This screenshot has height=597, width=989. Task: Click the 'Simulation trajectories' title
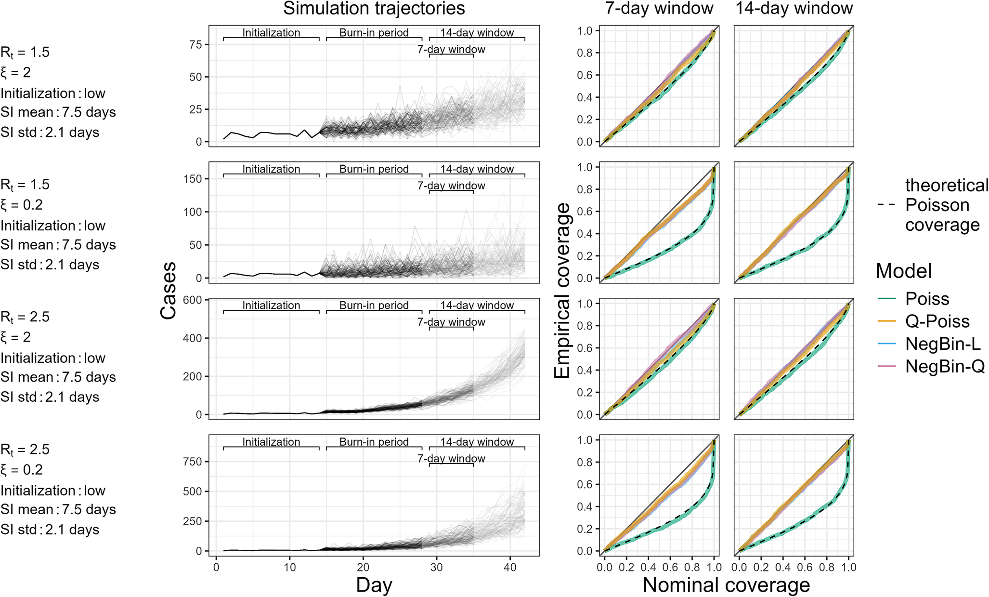[374, 9]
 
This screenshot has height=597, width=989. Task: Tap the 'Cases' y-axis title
[169, 291]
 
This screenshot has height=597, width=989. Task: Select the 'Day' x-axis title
[374, 585]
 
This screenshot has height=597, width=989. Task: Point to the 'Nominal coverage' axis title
[726, 585]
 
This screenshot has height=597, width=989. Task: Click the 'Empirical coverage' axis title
[562, 291]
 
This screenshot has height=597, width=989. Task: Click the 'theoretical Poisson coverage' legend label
[947, 205]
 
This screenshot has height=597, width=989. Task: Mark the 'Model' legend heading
[904, 271]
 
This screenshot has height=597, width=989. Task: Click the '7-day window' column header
[659, 9]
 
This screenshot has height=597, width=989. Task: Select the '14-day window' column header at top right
[794, 9]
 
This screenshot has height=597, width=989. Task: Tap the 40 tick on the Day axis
[510, 568]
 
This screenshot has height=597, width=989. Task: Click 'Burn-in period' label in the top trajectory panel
[374, 33]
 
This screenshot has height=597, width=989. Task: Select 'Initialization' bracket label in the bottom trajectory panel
[271, 442]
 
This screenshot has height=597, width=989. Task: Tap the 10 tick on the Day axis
[290, 568]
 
